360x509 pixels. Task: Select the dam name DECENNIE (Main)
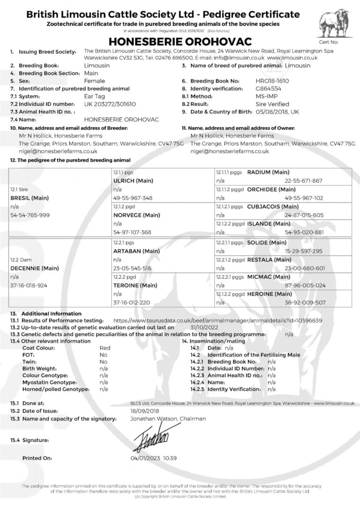pos(31,269)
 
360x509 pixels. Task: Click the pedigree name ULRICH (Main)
pos(134,180)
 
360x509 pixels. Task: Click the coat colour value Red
pos(105,348)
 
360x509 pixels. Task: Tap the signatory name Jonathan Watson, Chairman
pos(168,419)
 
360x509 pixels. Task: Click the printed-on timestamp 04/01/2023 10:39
pos(154,458)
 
